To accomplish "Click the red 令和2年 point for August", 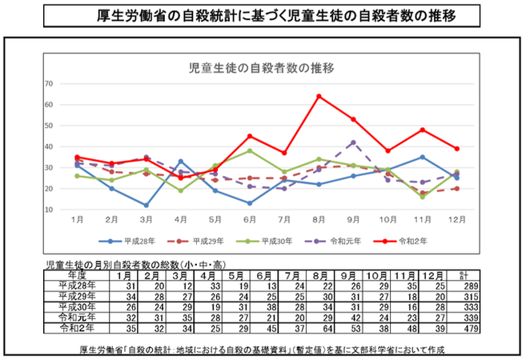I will click(319, 96).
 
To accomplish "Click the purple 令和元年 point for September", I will click(353, 142).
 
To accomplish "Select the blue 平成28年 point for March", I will click(147, 206).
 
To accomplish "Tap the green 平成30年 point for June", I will click(250, 150).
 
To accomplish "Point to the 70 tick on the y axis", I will click(49, 83).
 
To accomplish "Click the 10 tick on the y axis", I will click(49, 210).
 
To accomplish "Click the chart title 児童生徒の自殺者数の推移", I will click(260, 67).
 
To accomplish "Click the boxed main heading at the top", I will click(261, 15).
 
